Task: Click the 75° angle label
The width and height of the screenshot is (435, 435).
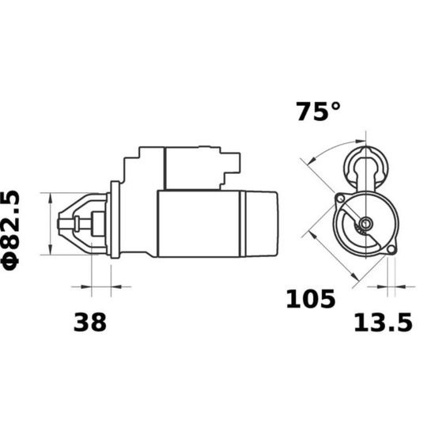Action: [x=318, y=112]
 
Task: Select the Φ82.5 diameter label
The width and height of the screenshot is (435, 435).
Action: [x=11, y=230]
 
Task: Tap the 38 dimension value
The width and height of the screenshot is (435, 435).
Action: [x=90, y=322]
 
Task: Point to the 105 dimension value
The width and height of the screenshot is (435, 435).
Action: [x=311, y=299]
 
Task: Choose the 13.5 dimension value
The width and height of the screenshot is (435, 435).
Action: [x=383, y=323]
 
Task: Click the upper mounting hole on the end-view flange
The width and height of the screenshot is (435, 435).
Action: [x=341, y=199]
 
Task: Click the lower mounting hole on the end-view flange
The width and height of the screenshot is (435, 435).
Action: [x=391, y=249]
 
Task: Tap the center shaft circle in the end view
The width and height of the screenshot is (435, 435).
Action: [x=366, y=223]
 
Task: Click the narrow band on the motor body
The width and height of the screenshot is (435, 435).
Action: [x=243, y=224]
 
